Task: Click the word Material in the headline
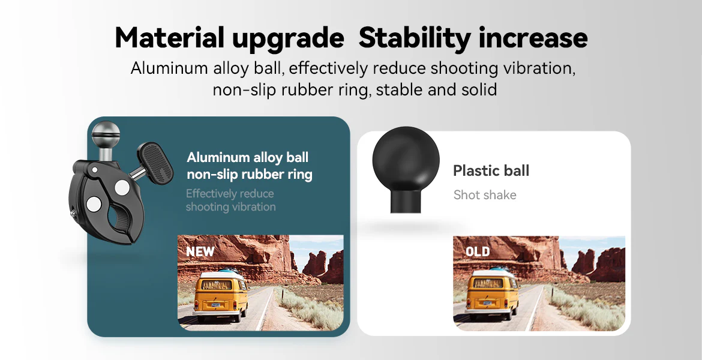point(170,38)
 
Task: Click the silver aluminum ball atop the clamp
point(106,134)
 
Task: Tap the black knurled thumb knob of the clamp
point(155,163)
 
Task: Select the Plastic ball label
point(491,170)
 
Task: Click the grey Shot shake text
point(485,195)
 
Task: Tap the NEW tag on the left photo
point(200,251)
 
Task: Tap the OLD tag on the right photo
point(478,251)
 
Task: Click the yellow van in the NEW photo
point(220,295)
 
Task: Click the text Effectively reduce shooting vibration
point(230,200)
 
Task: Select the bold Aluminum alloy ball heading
point(248,158)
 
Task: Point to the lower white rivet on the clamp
point(94,204)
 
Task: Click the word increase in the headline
point(533,38)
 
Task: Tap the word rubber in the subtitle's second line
point(302,89)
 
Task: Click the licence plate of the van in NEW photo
point(216,304)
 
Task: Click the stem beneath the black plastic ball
point(406,202)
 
